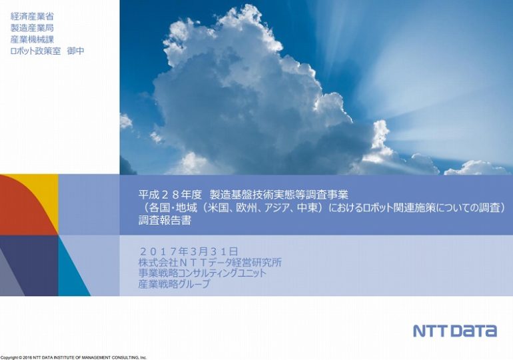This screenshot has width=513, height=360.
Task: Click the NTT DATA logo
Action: click(455, 331)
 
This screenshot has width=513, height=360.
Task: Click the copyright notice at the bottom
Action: click(73, 358)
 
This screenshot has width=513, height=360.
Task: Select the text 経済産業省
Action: click(32, 16)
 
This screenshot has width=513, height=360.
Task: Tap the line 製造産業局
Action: click(32, 28)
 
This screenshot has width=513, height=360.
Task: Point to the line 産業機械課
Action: click(32, 39)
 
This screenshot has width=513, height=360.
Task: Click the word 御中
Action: click(75, 51)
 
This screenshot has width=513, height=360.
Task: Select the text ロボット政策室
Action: click(36, 51)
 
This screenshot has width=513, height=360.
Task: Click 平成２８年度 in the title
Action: click(170, 195)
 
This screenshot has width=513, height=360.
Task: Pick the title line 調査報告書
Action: click(165, 221)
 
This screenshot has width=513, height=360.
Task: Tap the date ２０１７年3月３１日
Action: click(189, 251)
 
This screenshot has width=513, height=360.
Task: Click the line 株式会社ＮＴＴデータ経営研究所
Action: click(210, 262)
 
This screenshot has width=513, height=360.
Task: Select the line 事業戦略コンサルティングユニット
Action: click(203, 273)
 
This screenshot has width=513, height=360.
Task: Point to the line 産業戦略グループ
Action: click(174, 283)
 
